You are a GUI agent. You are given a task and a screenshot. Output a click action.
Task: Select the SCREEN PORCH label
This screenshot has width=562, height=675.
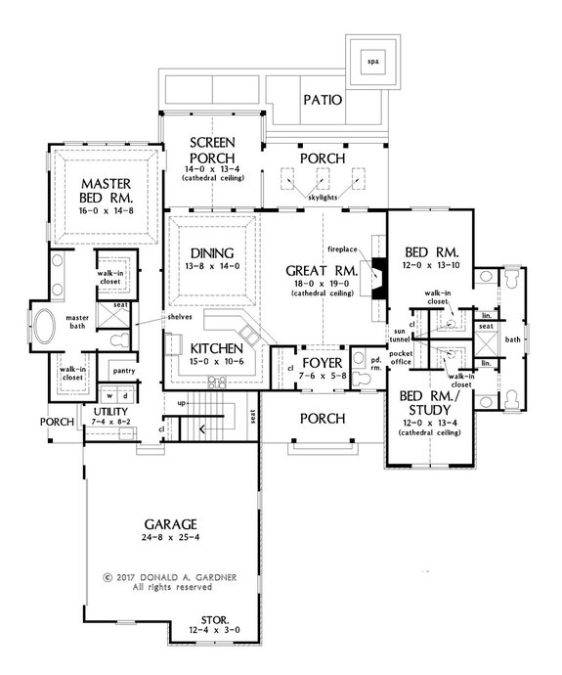tap(210, 151)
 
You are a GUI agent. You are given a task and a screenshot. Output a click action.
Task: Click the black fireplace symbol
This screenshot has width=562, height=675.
tap(377, 271)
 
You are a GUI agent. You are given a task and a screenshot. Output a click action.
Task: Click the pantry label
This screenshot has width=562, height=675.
tap(123, 371)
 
